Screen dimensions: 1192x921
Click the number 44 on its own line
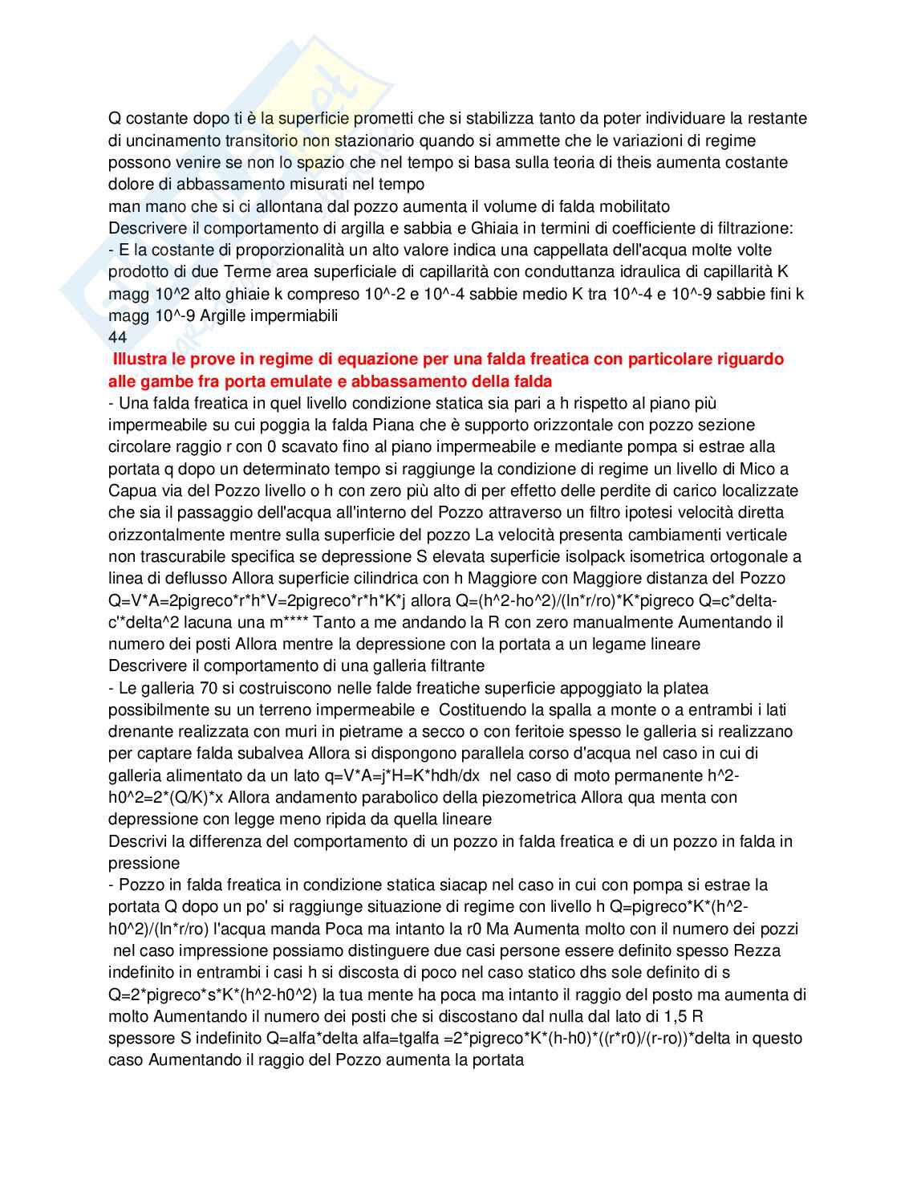point(117,337)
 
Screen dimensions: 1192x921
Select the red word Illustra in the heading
point(141,359)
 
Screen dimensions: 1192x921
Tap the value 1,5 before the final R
point(677,1016)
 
